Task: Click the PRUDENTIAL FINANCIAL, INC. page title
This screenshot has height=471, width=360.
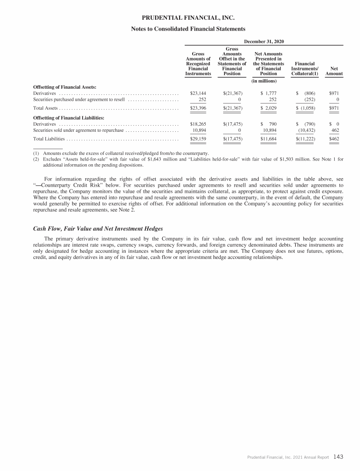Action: (187, 18)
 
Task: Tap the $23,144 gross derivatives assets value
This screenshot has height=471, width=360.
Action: (198, 93)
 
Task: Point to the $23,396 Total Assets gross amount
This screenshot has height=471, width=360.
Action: (198, 108)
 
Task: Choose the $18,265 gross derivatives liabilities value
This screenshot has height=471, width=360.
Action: (198, 124)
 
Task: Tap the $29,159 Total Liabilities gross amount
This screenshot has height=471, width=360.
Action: (198, 139)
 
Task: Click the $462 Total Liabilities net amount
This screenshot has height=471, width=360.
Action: (334, 139)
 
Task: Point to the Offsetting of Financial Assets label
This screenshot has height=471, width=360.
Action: (64, 87)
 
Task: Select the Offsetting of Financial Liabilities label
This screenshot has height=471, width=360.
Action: (68, 117)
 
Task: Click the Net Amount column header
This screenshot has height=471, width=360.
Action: (334, 71)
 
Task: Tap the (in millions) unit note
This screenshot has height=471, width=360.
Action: (264, 81)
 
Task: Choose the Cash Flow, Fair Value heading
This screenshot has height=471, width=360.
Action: (98, 228)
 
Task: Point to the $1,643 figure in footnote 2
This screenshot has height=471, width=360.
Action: (204, 160)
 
